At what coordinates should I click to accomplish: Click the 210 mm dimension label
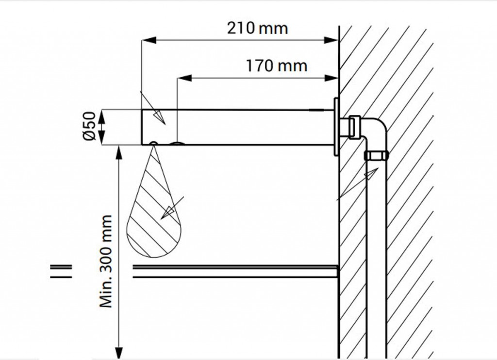tap(257, 28)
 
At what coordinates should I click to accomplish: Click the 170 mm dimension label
tap(276, 66)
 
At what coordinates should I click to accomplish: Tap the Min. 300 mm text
tap(106, 261)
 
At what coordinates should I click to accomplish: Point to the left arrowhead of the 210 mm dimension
tap(149, 40)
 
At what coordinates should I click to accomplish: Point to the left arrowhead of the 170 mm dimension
tap(184, 78)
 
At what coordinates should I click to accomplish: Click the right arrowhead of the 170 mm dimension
tap(331, 78)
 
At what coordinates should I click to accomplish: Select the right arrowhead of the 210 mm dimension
tap(331, 40)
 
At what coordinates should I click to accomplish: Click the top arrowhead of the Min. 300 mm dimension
tap(119, 153)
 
